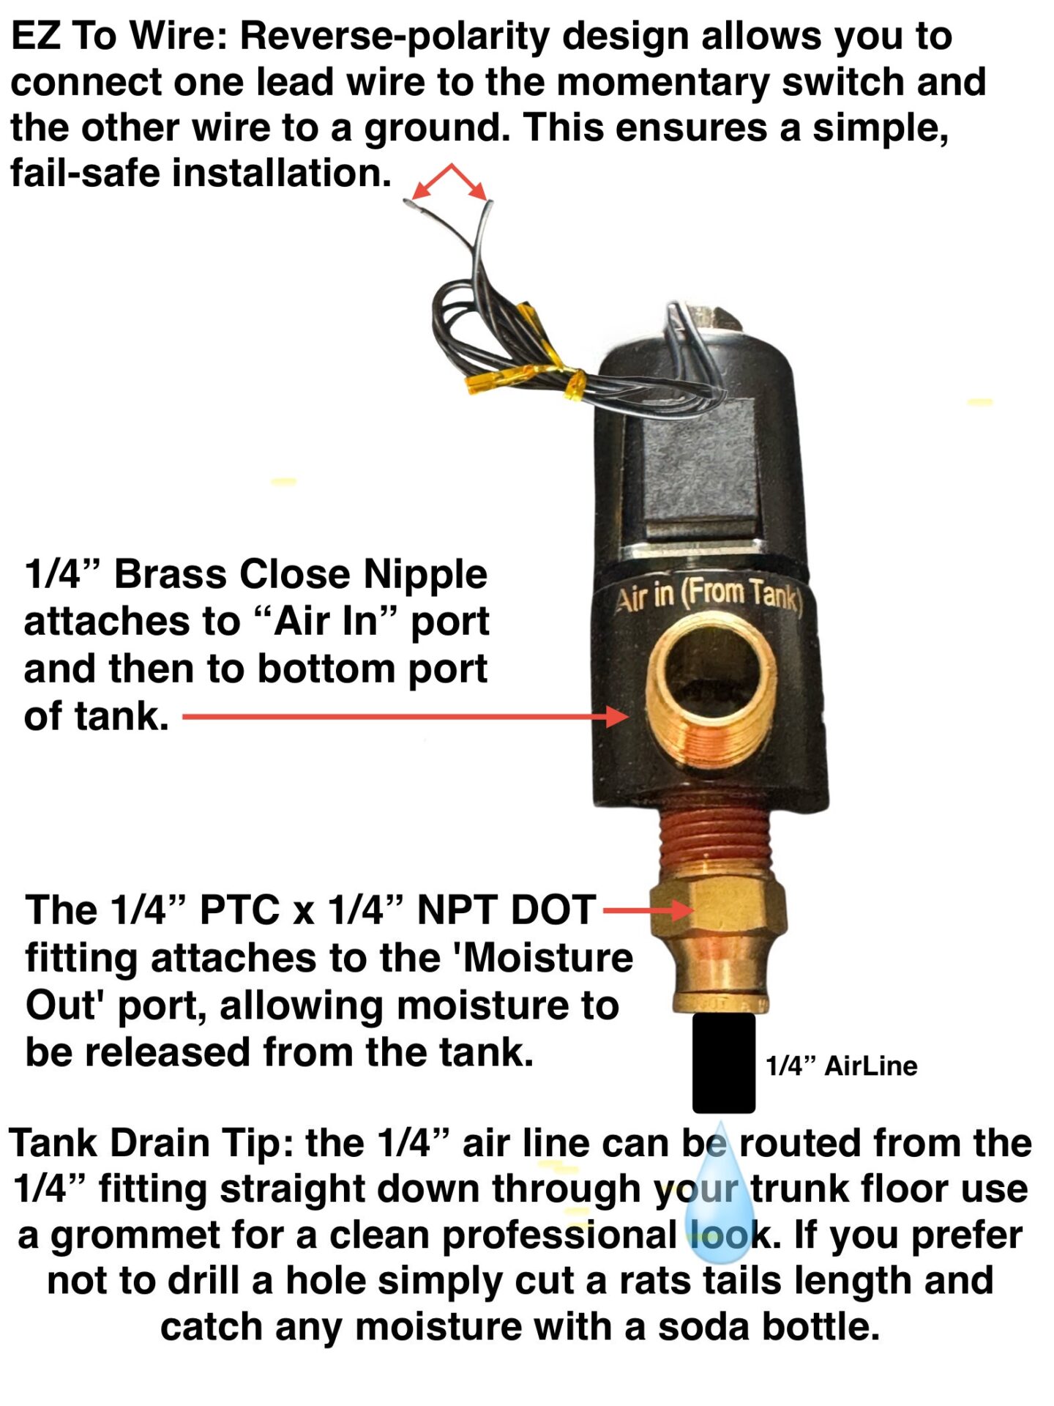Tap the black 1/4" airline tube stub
(723, 1063)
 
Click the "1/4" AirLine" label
(841, 1066)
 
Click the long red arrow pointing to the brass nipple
(403, 717)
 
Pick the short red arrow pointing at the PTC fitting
(647, 910)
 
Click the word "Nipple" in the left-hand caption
(425, 574)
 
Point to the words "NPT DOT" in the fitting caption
(505, 910)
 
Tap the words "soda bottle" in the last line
(769, 1327)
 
